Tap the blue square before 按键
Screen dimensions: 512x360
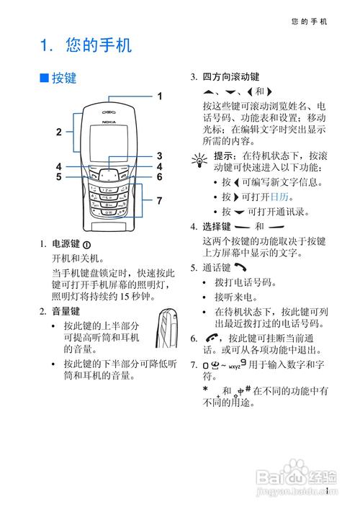click(44, 77)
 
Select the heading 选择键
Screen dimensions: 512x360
click(215, 227)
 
